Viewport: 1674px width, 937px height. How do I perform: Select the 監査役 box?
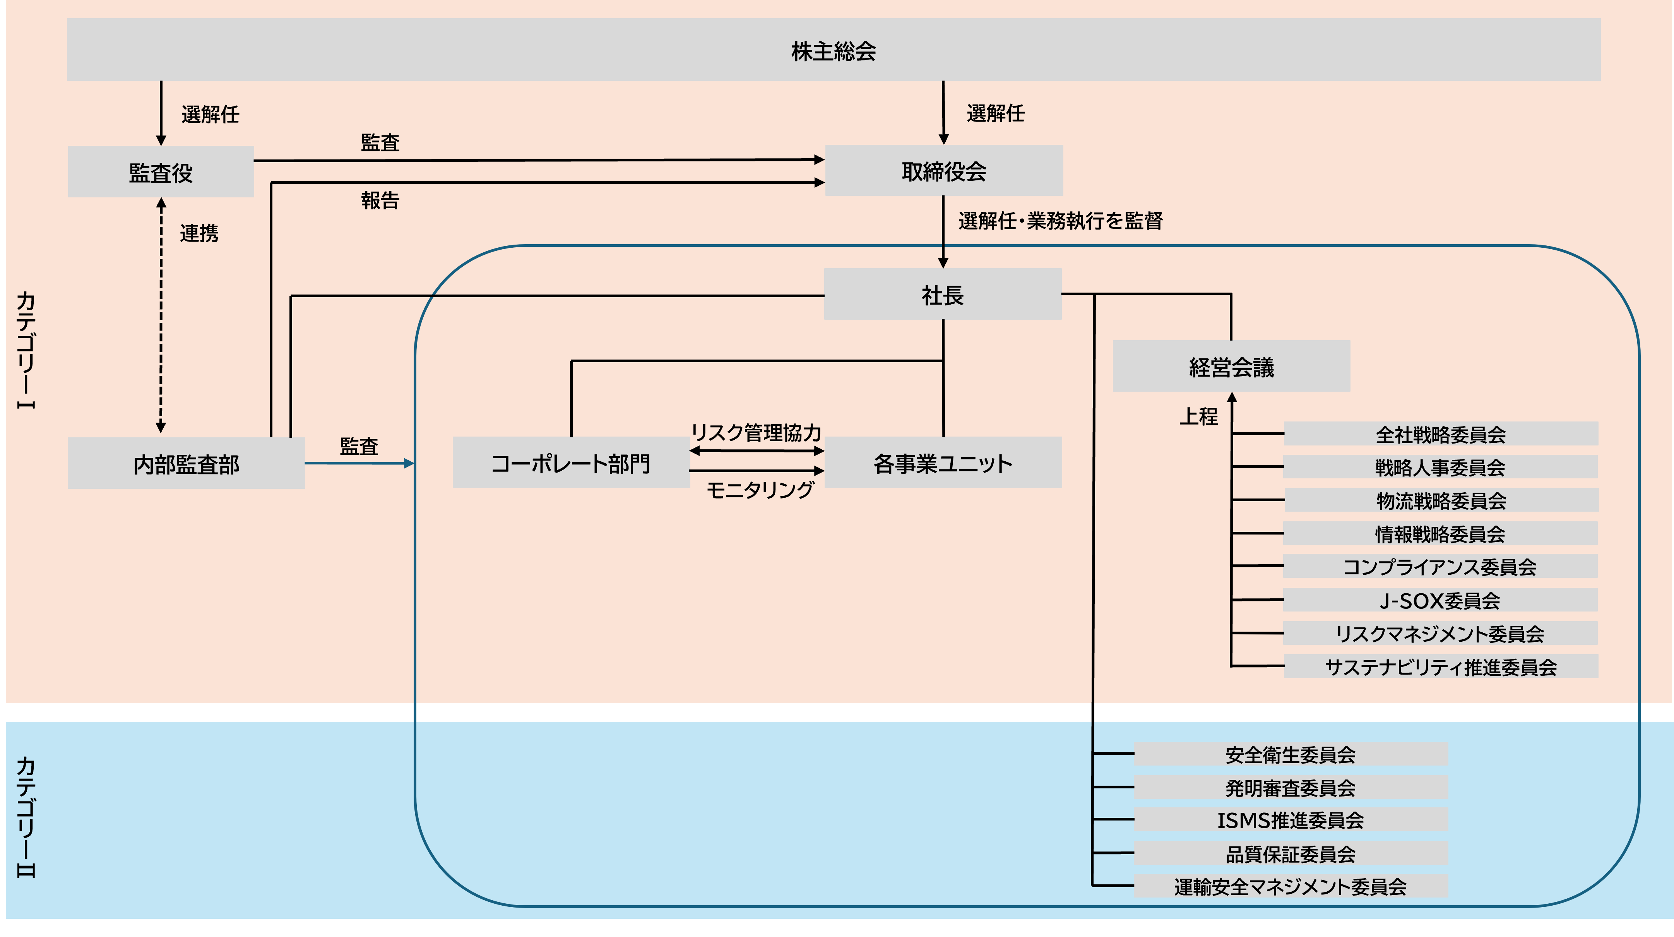click(x=161, y=172)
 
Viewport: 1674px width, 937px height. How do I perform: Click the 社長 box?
click(x=942, y=295)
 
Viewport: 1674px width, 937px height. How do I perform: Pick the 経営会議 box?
click(x=1231, y=367)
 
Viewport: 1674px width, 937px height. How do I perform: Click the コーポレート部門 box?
click(x=570, y=463)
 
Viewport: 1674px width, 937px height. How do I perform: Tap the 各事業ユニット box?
click(x=942, y=463)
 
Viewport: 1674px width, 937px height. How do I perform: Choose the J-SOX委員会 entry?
click(x=1440, y=600)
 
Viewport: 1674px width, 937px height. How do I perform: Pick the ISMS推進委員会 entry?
click(x=1290, y=820)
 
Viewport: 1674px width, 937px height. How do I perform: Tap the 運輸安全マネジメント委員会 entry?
click(x=1290, y=886)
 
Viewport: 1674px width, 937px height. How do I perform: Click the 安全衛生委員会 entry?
click(x=1290, y=754)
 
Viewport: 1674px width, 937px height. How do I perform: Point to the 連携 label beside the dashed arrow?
click(x=199, y=233)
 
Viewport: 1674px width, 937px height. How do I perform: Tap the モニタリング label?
click(x=760, y=489)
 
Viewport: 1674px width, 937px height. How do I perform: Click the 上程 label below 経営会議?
click(x=1198, y=416)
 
